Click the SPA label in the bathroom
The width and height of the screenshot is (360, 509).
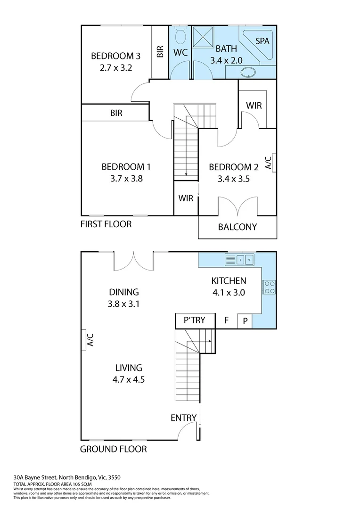pyautogui.click(x=262, y=41)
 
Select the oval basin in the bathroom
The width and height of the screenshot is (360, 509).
pyautogui.click(x=248, y=73)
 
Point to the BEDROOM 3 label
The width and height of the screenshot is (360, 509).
pyautogui.click(x=115, y=56)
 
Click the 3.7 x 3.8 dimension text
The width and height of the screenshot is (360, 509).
pyautogui.click(x=126, y=179)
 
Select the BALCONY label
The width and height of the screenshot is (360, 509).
pyautogui.click(x=237, y=227)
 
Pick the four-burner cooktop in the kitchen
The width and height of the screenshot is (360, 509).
pyautogui.click(x=269, y=287)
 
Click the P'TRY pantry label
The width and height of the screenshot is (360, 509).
pyautogui.click(x=195, y=320)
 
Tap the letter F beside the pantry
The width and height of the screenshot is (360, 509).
pyautogui.click(x=226, y=320)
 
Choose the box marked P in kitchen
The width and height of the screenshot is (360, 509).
pyautogui.click(x=245, y=321)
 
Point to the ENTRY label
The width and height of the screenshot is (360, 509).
pyautogui.click(x=184, y=418)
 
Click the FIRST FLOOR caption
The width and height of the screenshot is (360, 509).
pyautogui.click(x=106, y=224)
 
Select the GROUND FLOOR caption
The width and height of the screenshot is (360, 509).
pyautogui.click(x=113, y=449)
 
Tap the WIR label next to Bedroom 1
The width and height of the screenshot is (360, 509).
pyautogui.click(x=186, y=198)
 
